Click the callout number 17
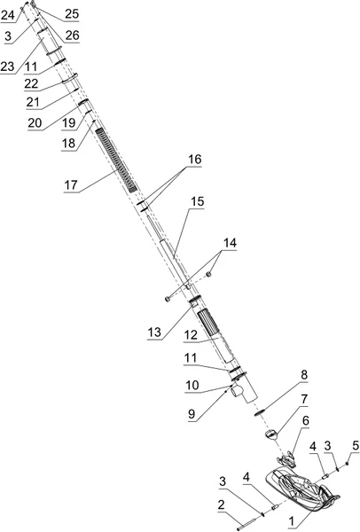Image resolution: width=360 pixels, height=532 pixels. [71, 185]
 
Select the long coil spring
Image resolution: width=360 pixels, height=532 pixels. [115, 160]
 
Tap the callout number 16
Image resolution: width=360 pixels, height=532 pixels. [195, 160]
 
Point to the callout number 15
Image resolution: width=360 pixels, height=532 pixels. [198, 201]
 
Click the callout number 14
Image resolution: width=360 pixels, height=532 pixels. [230, 243]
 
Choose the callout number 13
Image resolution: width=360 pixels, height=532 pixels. [154, 332]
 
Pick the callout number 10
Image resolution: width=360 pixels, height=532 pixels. [192, 385]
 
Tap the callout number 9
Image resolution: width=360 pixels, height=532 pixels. [192, 414]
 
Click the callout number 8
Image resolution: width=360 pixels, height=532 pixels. [303, 375]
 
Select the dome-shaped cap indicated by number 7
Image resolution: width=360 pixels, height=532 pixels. [271, 434]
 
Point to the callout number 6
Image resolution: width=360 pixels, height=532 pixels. [306, 420]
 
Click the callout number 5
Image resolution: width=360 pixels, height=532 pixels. [356, 446]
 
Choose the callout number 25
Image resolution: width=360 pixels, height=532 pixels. [72, 13]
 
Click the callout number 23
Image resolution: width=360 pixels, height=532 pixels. [7, 66]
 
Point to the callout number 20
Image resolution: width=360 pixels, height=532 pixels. [35, 122]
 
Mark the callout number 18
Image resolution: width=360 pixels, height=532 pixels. [68, 143]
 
